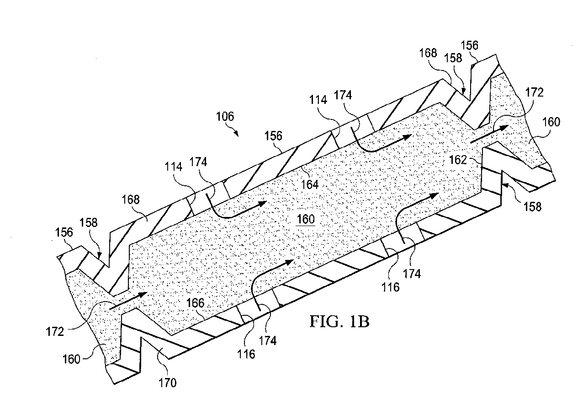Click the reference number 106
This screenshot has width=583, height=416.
click(x=225, y=117)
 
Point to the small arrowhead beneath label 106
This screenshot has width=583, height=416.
click(x=236, y=133)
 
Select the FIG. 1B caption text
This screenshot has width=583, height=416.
click(x=339, y=322)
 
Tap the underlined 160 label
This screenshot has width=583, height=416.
click(x=306, y=219)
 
